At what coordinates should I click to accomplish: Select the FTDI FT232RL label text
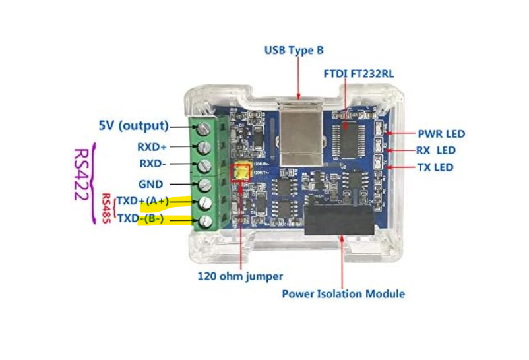click(x=359, y=73)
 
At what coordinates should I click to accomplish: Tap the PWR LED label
click(x=441, y=134)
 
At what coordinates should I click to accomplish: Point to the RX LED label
click(x=436, y=150)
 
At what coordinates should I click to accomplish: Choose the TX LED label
click(x=435, y=167)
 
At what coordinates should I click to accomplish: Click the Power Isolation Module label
click(x=343, y=293)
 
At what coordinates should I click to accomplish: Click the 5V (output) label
click(x=133, y=125)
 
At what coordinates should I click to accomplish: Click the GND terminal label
click(x=150, y=184)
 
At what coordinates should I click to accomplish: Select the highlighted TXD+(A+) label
click(x=143, y=201)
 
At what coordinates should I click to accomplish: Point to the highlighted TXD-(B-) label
click(x=140, y=218)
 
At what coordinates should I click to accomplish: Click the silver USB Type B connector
click(x=299, y=136)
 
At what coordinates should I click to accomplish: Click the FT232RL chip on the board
click(x=346, y=135)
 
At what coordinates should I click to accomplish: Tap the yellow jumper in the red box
click(x=240, y=173)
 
